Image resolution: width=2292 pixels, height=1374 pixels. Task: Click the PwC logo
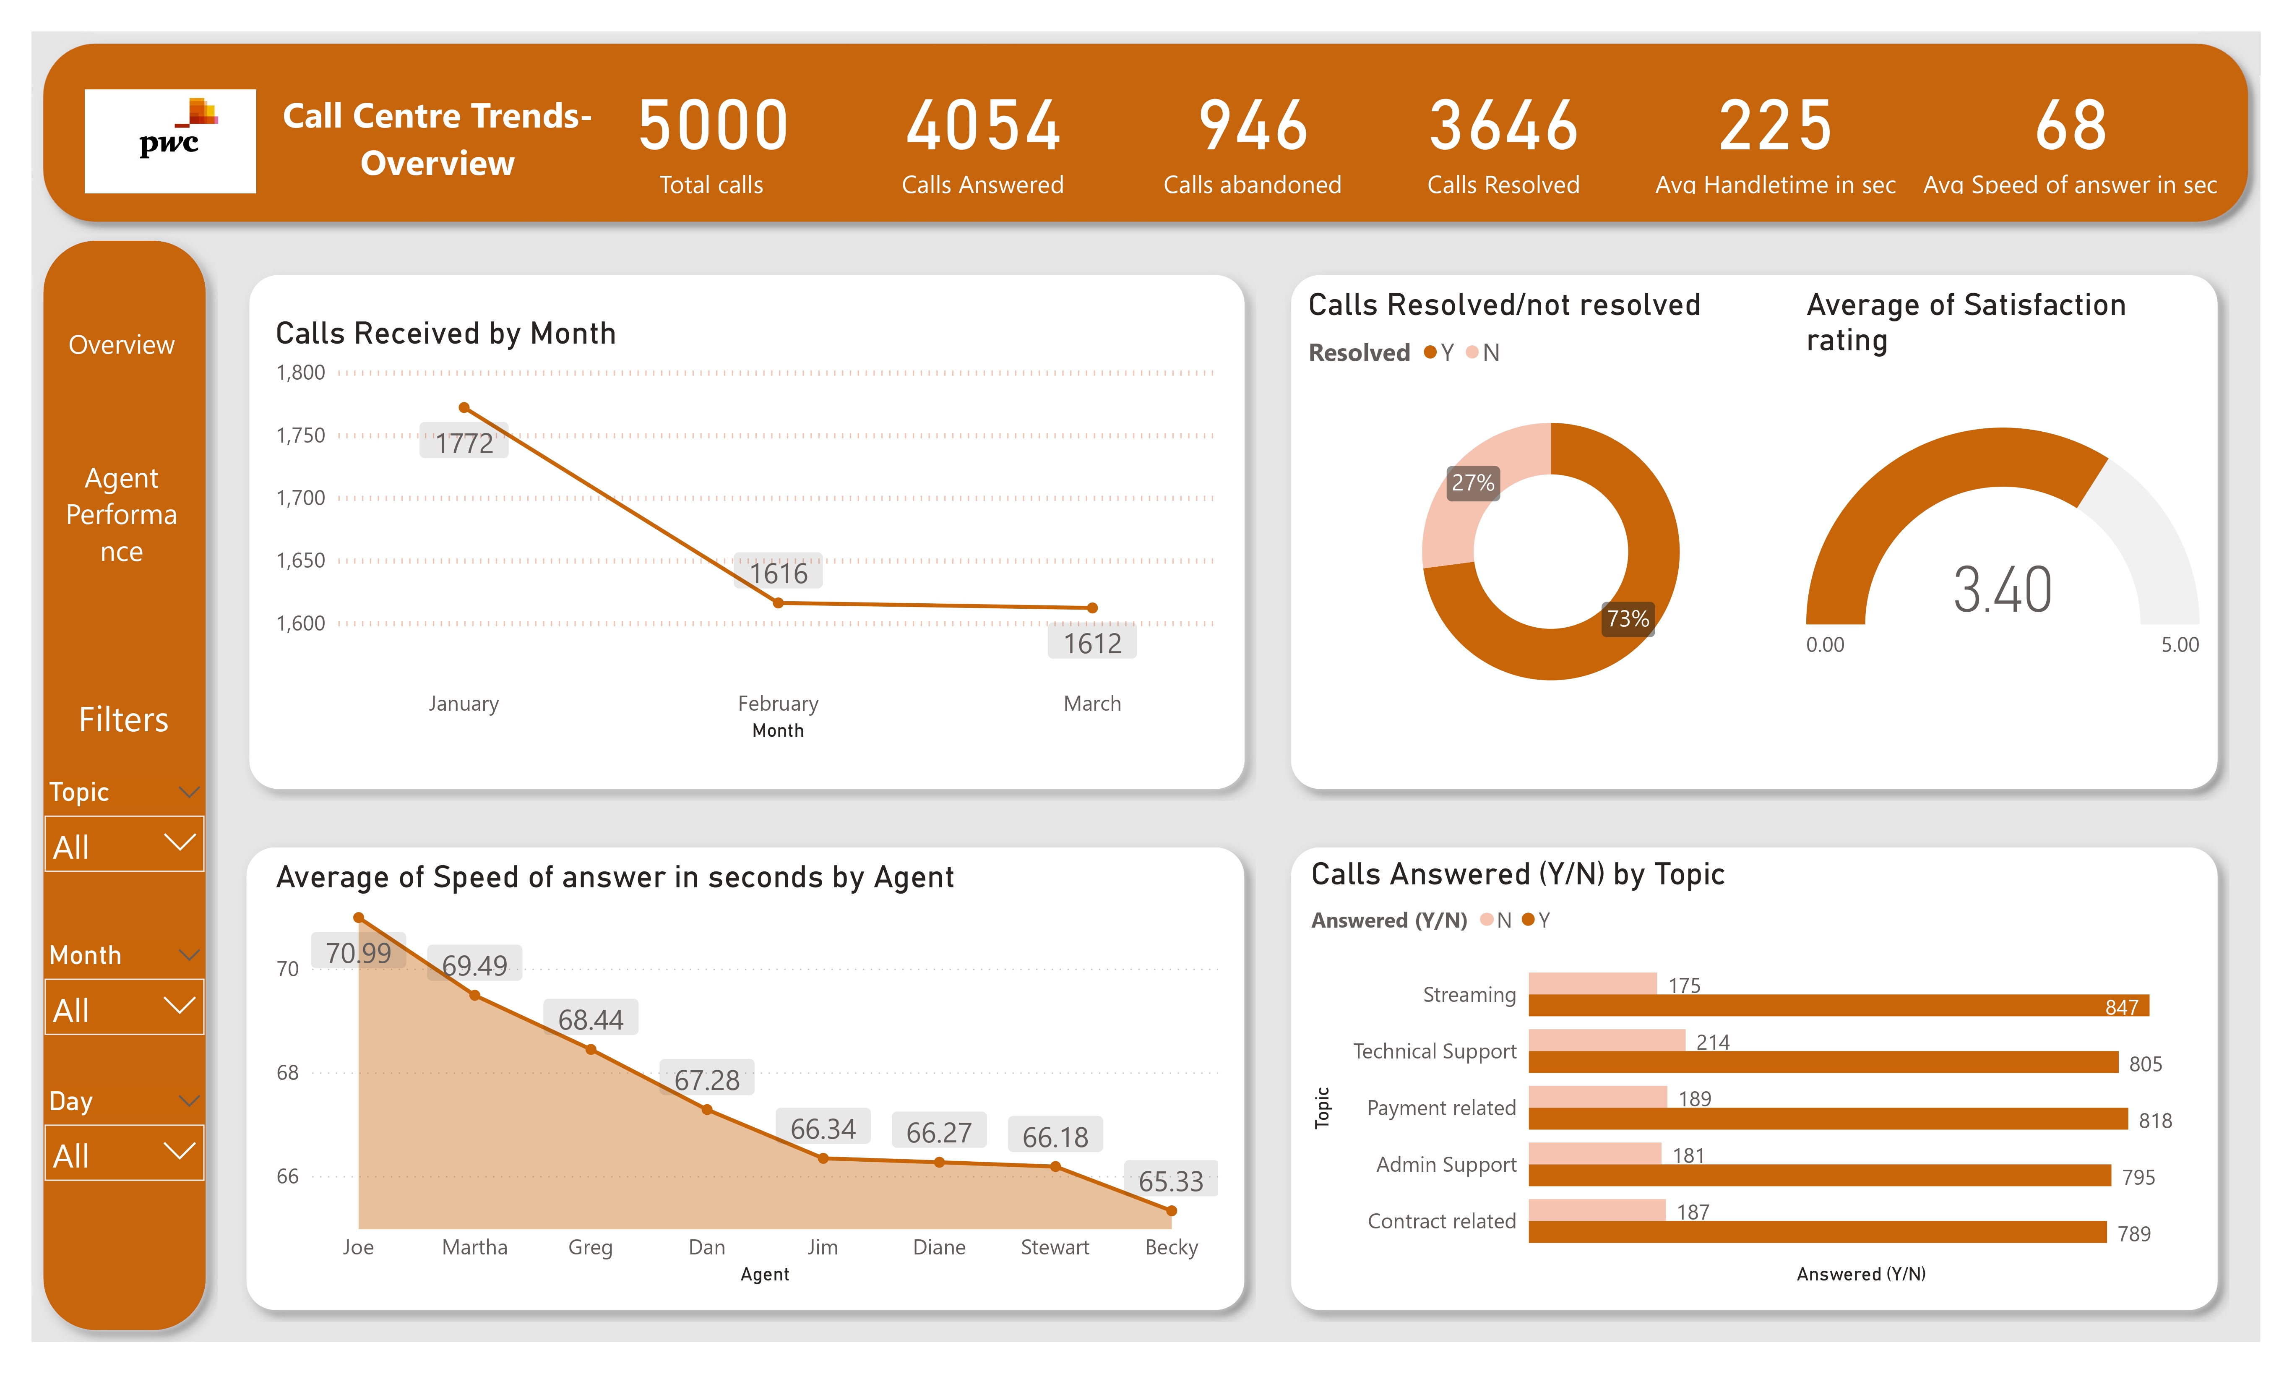[170, 141]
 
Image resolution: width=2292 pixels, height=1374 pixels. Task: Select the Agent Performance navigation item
[121, 514]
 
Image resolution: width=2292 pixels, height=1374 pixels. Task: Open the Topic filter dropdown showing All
[124, 845]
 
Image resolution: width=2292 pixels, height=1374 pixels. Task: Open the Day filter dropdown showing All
[124, 1154]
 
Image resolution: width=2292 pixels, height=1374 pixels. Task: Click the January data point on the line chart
[465, 407]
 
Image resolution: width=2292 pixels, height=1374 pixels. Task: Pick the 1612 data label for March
[1092, 643]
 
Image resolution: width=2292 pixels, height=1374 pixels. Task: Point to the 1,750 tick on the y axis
[301, 435]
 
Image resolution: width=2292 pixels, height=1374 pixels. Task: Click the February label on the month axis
[778, 704]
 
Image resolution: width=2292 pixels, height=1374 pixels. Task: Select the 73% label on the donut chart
[1628, 618]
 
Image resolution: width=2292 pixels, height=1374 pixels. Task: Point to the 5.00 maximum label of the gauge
[2179, 644]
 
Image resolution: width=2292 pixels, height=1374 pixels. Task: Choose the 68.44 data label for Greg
[591, 1019]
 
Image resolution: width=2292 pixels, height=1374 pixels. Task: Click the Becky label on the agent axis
[1171, 1247]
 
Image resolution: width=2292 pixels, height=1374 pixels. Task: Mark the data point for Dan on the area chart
[707, 1109]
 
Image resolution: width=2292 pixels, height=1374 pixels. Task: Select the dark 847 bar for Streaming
[1837, 1006]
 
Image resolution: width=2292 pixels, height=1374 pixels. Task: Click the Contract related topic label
[1441, 1221]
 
